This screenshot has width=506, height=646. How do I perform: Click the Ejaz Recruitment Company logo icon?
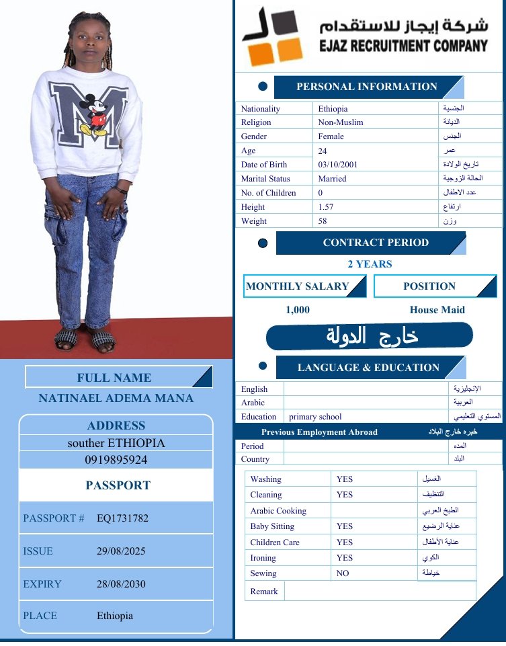click(x=272, y=37)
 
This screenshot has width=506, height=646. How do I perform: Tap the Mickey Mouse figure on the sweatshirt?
click(x=94, y=115)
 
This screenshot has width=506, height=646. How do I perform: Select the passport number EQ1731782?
click(x=122, y=518)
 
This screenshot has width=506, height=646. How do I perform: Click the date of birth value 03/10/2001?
click(x=338, y=165)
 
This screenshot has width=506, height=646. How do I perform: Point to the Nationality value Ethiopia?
click(x=333, y=108)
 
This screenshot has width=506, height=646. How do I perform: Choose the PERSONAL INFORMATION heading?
click(x=366, y=87)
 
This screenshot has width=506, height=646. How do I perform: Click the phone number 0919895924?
click(x=116, y=460)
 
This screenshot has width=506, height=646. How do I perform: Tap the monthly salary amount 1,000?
click(x=298, y=310)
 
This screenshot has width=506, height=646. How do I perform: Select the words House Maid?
click(x=437, y=310)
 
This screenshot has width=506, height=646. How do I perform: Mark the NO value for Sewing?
click(x=343, y=573)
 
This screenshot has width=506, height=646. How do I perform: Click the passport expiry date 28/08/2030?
click(x=121, y=584)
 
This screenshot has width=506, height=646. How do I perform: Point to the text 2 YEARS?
click(x=370, y=264)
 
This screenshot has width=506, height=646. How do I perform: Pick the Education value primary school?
click(x=315, y=417)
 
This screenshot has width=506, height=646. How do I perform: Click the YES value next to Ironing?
click(x=345, y=558)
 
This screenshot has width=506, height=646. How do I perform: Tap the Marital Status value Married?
click(x=333, y=179)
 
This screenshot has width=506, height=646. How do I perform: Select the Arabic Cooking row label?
click(x=278, y=511)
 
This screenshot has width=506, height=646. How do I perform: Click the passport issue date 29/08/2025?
click(x=121, y=551)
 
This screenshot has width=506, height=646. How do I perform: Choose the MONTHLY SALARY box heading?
click(x=298, y=286)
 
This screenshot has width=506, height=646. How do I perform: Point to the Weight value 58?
click(x=323, y=221)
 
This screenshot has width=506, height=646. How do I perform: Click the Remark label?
click(x=264, y=592)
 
